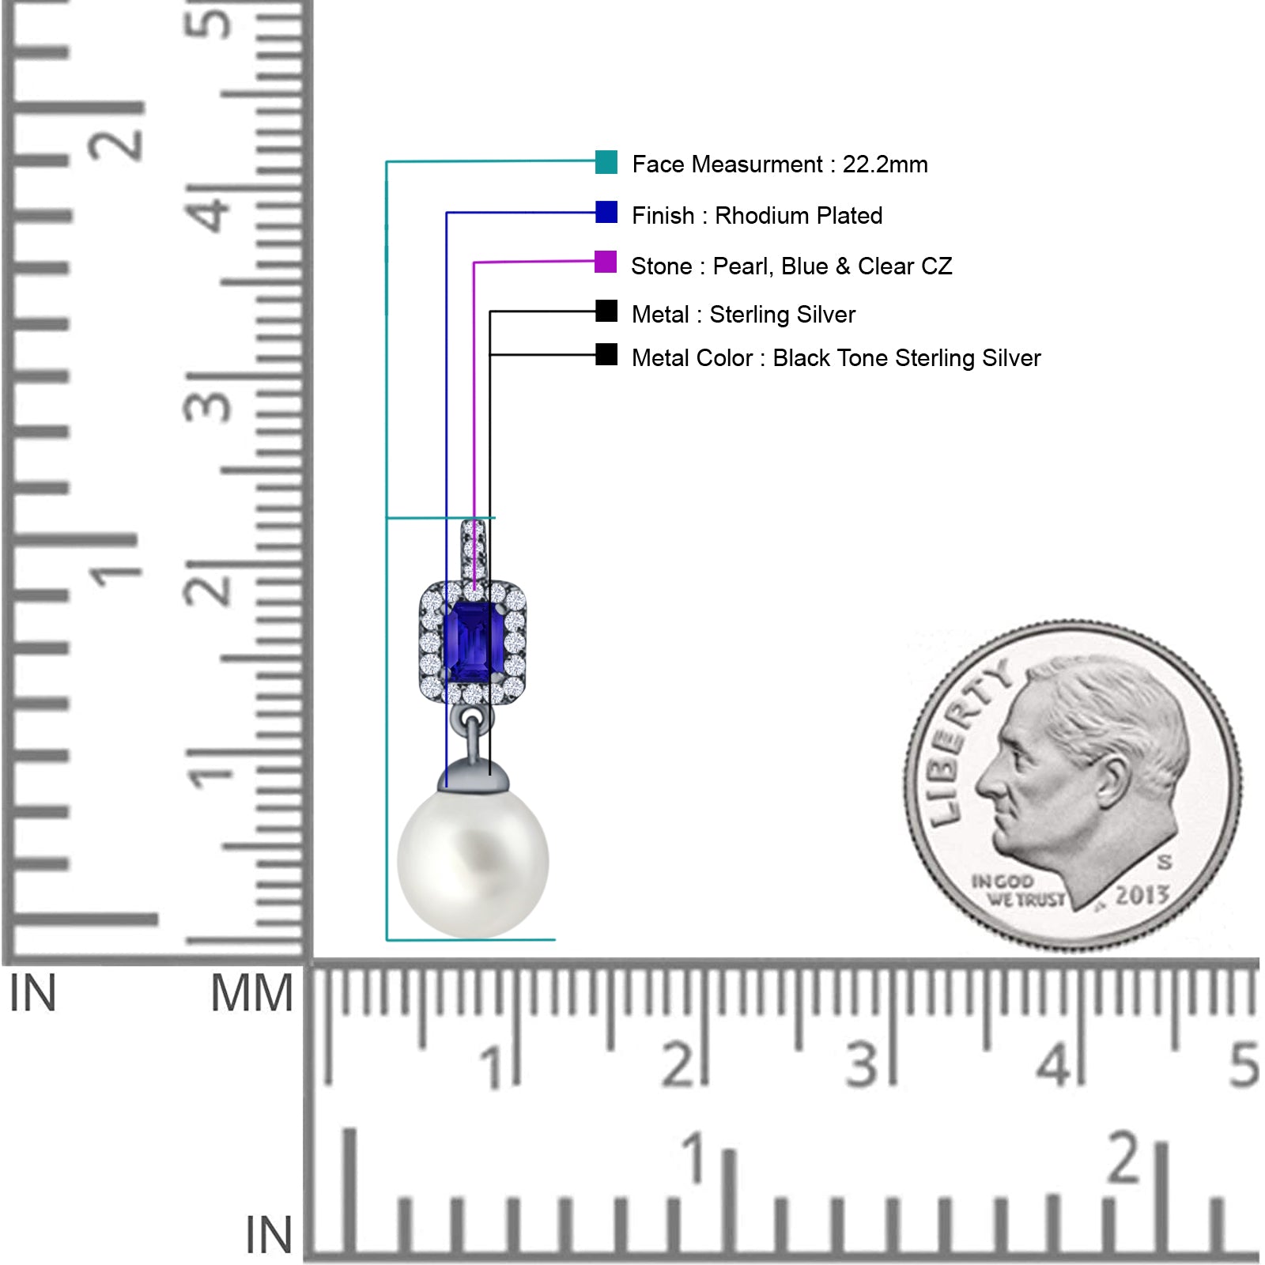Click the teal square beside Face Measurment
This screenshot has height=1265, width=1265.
[606, 162]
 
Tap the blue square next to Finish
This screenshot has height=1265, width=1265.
[606, 212]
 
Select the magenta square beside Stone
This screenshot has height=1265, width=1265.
[606, 262]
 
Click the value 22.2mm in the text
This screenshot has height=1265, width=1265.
[885, 164]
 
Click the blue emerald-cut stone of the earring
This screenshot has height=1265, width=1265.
[474, 640]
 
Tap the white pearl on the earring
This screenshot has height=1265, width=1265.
[473, 863]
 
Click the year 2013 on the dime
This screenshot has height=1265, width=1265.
[1142, 896]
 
